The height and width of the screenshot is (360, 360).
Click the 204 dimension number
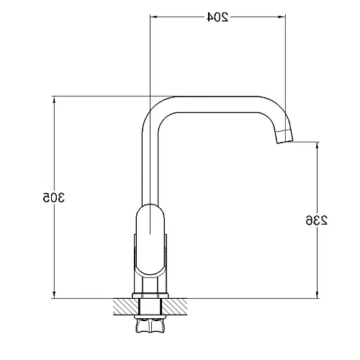pyautogui.click(x=217, y=17)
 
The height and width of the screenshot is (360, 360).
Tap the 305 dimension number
pyautogui.click(x=54, y=197)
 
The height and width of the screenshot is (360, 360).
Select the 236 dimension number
pyautogui.click(x=317, y=220)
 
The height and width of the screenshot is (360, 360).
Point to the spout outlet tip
pyautogui.click(x=286, y=142)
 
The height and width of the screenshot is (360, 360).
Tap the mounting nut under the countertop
pyautogui.click(x=150, y=324)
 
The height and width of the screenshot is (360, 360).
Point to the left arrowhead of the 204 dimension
pyautogui.click(x=153, y=17)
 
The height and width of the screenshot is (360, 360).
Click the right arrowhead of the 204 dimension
pyautogui.click(x=282, y=17)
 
